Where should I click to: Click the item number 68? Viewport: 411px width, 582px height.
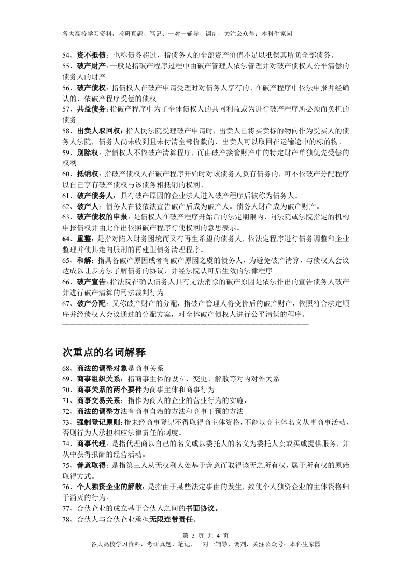coord(66,368)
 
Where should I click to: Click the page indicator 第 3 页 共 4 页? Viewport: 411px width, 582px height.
coord(206,535)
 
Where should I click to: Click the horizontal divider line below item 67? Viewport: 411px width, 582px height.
coord(186,324)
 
